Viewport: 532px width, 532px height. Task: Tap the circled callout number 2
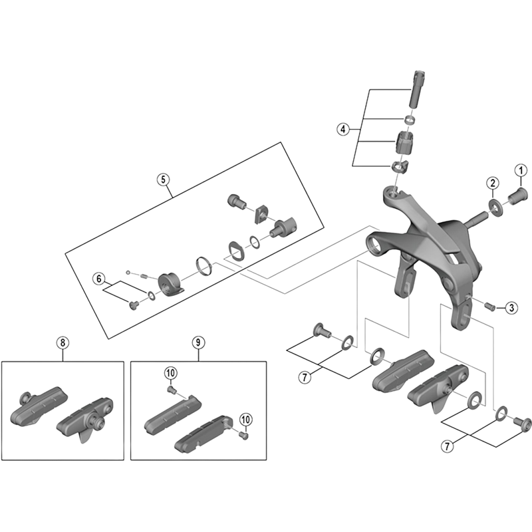pos(492,182)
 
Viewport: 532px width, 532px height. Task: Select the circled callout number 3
pos(511,307)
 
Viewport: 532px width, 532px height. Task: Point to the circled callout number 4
pos(343,129)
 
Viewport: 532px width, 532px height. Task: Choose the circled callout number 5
pos(164,179)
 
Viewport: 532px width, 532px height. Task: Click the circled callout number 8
pos(62,342)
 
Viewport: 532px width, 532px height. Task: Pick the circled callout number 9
pos(198,342)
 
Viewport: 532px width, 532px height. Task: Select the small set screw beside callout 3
pos(491,306)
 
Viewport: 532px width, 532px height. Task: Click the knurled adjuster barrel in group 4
pos(406,143)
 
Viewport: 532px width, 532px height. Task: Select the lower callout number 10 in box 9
pos(246,419)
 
